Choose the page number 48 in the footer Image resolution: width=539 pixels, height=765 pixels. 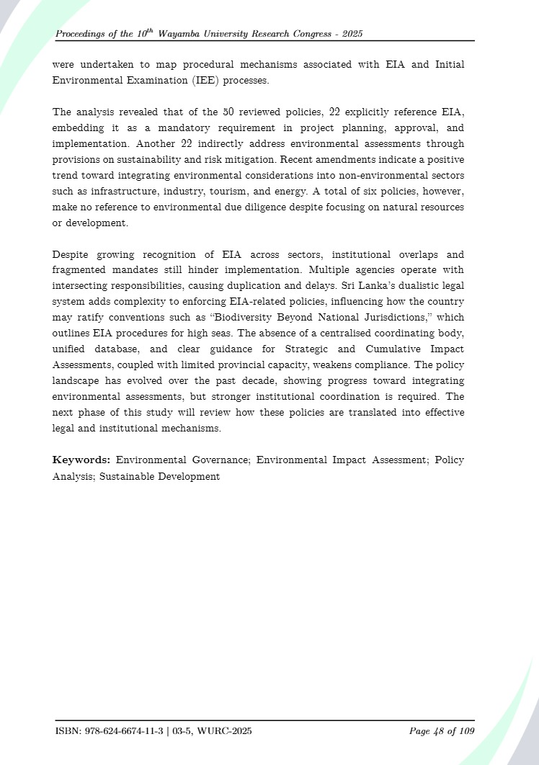point(437,731)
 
